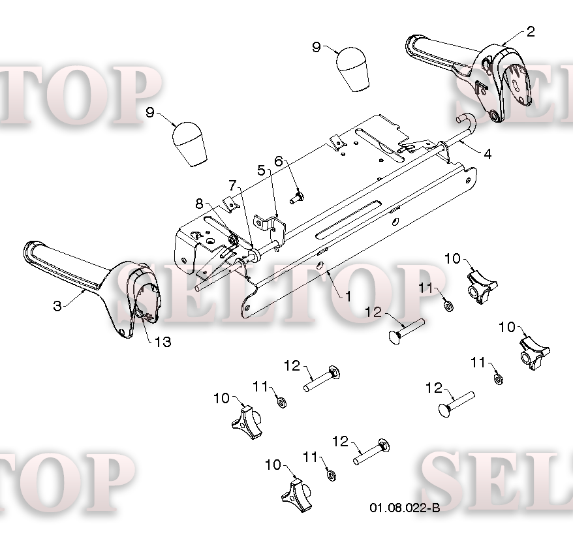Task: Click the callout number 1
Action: [348, 296]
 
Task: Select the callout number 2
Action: [531, 32]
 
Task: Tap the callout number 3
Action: [57, 306]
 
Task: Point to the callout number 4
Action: [488, 154]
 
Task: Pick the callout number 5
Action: [261, 170]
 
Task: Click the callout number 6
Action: [279, 161]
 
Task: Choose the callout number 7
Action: [233, 185]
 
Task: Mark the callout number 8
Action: [199, 204]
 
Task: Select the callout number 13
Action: [163, 342]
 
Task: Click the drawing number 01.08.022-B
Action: [405, 508]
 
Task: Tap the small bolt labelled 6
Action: [297, 198]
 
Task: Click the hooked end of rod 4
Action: [467, 121]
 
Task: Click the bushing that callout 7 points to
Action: [254, 254]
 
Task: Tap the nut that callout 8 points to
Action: [233, 239]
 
